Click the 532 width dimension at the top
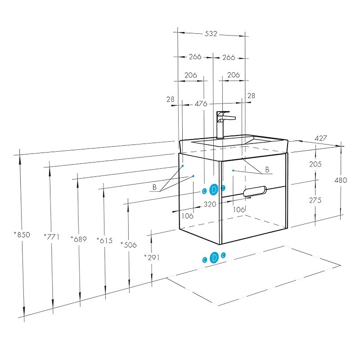(x=211, y=34)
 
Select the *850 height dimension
(x=22, y=234)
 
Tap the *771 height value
(x=52, y=237)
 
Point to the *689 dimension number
(x=79, y=239)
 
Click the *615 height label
(x=105, y=240)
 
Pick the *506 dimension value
(x=129, y=245)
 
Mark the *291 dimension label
(x=152, y=257)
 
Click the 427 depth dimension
(x=320, y=138)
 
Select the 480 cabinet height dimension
(x=341, y=180)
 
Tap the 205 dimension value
(x=315, y=164)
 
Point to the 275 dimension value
(x=315, y=200)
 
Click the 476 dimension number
(x=201, y=104)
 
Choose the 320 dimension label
(x=210, y=204)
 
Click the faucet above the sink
(x=224, y=125)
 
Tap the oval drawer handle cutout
(x=255, y=191)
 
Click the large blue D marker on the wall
(x=214, y=189)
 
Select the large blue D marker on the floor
(x=214, y=257)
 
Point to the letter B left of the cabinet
(x=154, y=187)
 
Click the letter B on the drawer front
(x=267, y=170)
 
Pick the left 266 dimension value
(x=195, y=57)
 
